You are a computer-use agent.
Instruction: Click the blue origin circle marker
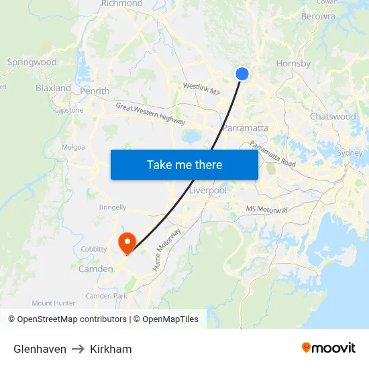[242, 74]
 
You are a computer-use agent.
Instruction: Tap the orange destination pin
[127, 242]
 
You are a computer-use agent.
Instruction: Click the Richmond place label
[121, 4]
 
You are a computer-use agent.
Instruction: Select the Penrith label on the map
[95, 91]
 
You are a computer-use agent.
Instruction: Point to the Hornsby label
[293, 64]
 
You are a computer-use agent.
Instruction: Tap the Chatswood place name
[333, 117]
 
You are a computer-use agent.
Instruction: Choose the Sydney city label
[349, 153]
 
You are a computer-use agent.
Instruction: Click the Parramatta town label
[246, 128]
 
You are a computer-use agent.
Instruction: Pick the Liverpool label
[207, 191]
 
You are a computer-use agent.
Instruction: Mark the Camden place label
[96, 269]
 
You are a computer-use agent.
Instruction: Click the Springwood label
[32, 62]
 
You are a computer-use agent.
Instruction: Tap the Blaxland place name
[53, 88]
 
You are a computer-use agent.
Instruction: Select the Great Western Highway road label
[150, 114]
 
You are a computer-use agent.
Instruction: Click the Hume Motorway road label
[168, 250]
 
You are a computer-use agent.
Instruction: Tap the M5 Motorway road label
[266, 210]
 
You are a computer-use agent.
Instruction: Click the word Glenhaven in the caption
[40, 349]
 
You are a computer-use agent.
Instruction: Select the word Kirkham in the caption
[111, 349]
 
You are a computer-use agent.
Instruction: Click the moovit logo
[328, 348]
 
